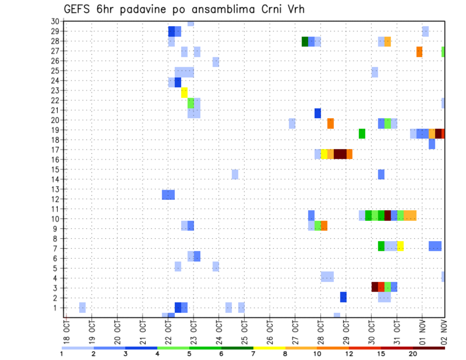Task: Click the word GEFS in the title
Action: [x=77, y=9]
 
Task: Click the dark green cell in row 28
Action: [x=305, y=42]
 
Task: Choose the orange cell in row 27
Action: [x=419, y=51]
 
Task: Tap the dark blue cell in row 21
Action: [x=317, y=113]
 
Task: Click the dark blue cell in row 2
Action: [x=343, y=297]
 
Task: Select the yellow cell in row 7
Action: [x=400, y=246]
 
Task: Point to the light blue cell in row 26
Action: [x=216, y=62]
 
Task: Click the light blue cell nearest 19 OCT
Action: [x=83, y=307]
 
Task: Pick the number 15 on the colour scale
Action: [x=382, y=354]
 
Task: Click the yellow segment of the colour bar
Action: [x=269, y=347]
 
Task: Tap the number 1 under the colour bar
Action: [x=62, y=354]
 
